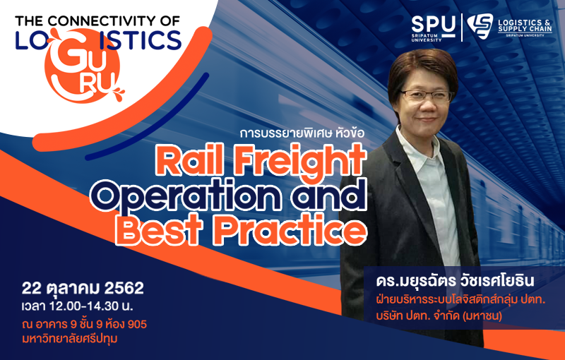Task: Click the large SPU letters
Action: pos(434,25)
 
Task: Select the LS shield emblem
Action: pos(480,26)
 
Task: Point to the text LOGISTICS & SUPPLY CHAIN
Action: pos(525,26)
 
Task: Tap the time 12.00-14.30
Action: pos(85,306)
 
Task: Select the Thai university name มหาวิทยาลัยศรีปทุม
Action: pos(70,339)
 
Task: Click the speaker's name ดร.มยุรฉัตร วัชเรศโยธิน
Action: pos(454,281)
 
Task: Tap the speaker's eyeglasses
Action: pos(427,96)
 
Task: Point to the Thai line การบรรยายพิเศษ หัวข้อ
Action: pos(302,133)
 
